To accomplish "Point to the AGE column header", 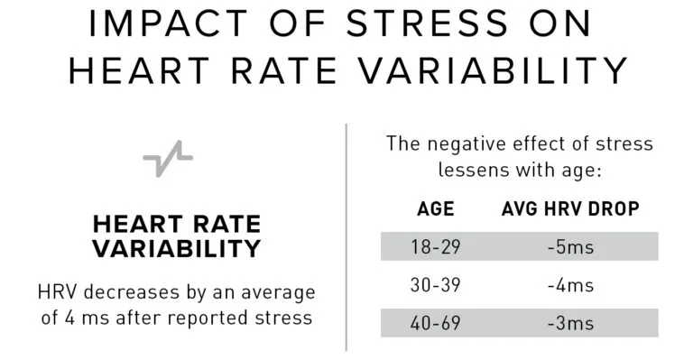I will coord(435,209).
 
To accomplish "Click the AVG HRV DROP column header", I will coord(570,209).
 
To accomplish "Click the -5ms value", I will coord(570,246).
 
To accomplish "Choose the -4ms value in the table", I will coord(570,285).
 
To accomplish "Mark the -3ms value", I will coord(570,323).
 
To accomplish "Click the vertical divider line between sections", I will coord(347,235).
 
